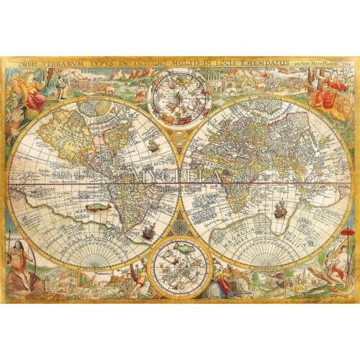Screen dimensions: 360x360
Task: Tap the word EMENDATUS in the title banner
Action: (261, 63)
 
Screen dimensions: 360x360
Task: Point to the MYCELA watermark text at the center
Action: (180, 175)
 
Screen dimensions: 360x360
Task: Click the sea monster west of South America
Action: (94, 207)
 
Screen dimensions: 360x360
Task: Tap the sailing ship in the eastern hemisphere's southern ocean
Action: (280, 210)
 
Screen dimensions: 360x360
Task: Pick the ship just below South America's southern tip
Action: (148, 233)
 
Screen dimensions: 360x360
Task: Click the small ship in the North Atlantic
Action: (153, 146)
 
